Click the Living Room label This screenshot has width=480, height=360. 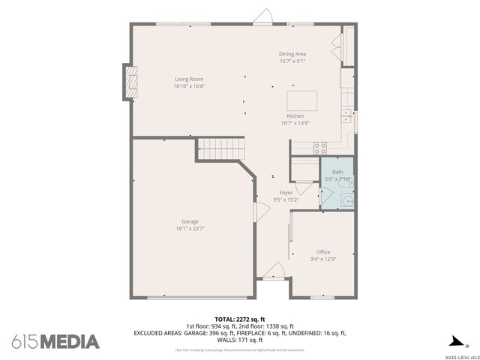[x=189, y=79]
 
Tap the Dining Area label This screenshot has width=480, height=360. [x=292, y=54]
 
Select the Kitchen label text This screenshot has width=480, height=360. [x=295, y=116]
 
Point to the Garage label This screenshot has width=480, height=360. [x=190, y=221]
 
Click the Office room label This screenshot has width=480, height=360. [x=322, y=252]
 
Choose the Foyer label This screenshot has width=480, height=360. [x=286, y=193]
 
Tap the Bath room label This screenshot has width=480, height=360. [x=337, y=172]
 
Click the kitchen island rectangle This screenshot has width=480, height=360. [x=301, y=100]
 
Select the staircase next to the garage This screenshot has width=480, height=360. [x=222, y=148]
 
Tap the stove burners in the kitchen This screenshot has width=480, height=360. [x=320, y=146]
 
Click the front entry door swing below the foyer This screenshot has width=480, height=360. [x=274, y=270]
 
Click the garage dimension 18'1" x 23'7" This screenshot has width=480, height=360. [x=190, y=229]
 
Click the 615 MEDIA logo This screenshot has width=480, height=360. [x=55, y=341]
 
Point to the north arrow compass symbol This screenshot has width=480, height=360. [x=453, y=340]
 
